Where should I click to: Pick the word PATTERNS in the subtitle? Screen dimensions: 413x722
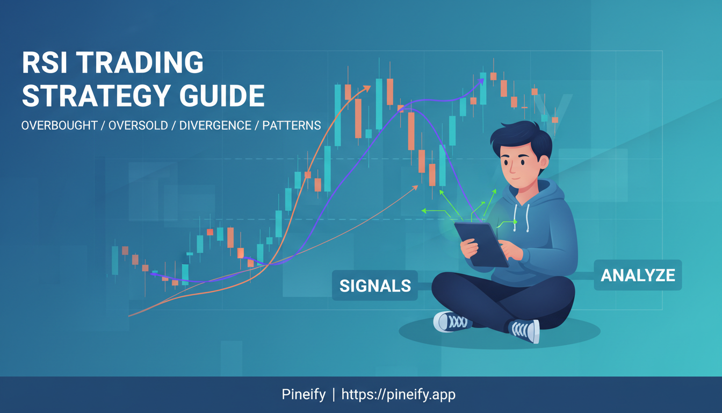click(x=292, y=126)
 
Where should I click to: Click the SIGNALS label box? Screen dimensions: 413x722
click(x=374, y=286)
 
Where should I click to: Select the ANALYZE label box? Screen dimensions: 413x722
click(x=637, y=275)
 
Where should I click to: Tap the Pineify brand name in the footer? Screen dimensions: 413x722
click(x=304, y=395)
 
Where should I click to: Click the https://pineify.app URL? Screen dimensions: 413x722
click(x=398, y=395)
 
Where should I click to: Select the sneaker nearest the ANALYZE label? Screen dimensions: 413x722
click(x=523, y=330)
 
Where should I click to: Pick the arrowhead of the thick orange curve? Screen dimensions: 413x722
click(x=367, y=88)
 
